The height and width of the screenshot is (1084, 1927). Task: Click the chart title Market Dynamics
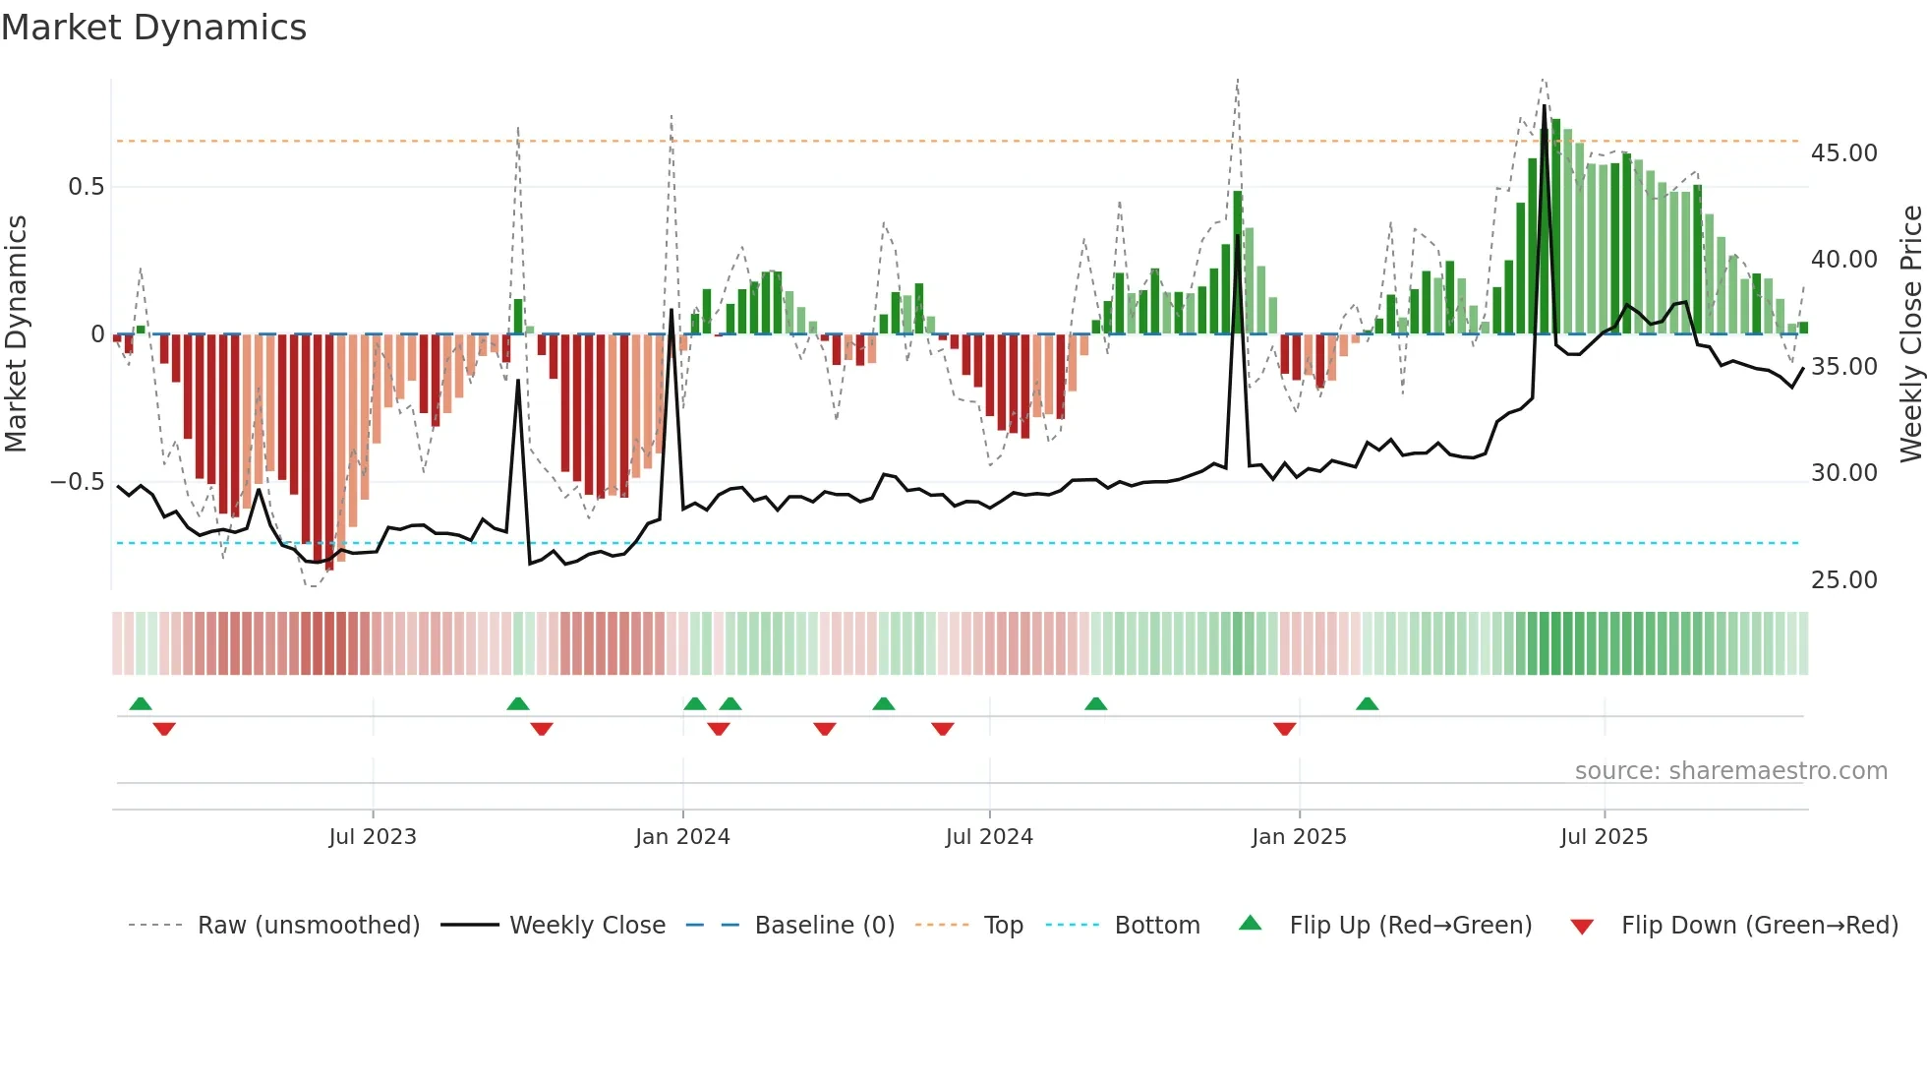point(153,28)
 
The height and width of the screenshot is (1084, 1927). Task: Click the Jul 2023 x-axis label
point(373,837)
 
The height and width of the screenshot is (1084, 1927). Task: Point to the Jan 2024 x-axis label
point(682,837)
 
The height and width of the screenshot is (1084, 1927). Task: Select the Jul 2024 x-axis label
point(989,837)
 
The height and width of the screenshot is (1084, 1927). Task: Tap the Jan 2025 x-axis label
point(1299,837)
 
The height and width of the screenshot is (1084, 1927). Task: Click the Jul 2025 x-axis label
point(1604,837)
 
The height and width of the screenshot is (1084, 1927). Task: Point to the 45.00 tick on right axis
point(1843,153)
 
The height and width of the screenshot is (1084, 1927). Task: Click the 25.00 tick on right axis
point(1843,580)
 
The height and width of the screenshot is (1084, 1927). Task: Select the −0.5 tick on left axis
point(77,482)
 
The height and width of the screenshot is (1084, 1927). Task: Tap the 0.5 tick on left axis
point(86,187)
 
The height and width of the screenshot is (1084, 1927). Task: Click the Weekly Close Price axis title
point(1910,334)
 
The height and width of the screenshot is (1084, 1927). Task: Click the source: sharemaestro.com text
point(1730,771)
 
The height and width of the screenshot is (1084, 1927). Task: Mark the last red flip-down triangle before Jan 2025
point(1284,729)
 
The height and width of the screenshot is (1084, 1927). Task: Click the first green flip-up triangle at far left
point(141,703)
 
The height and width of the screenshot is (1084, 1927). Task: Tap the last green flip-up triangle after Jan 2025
point(1367,703)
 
